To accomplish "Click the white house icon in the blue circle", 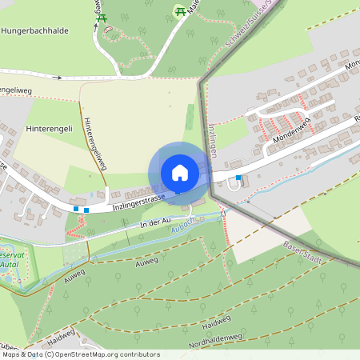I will (x=179, y=172).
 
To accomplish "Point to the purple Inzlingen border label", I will (x=213, y=141).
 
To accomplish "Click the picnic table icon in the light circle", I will (x=180, y=10).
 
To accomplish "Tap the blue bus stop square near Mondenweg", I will (x=238, y=178).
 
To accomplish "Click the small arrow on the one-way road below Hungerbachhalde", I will (x=58, y=78).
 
